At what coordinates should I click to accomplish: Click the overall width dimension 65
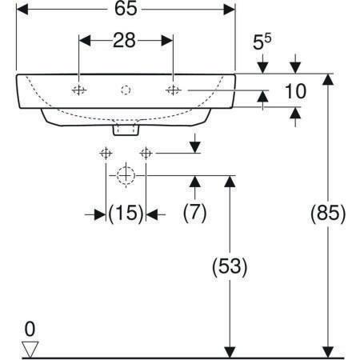tap(126, 9)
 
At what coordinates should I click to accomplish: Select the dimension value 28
tap(124, 41)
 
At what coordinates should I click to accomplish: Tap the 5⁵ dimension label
tap(262, 42)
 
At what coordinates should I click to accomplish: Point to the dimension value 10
tap(295, 91)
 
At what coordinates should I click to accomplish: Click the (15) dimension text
tap(126, 214)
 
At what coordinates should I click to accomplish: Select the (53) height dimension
tap(230, 266)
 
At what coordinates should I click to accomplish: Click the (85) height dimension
tap(328, 214)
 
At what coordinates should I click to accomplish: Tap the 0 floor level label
tap(30, 329)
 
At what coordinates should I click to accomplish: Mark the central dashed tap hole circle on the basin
tap(126, 90)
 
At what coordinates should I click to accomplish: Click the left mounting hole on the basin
tap(79, 90)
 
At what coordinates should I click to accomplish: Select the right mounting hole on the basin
tap(173, 90)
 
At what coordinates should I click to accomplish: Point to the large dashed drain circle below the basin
tap(126, 176)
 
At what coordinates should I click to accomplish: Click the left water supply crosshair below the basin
tap(106, 154)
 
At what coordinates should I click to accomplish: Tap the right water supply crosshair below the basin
tap(146, 154)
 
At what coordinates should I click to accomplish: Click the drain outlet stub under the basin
tap(126, 129)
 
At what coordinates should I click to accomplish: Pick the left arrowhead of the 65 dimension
tap(22, 10)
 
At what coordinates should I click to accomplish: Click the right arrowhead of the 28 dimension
tap(167, 41)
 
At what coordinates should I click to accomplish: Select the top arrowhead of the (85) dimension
tap(328, 79)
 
